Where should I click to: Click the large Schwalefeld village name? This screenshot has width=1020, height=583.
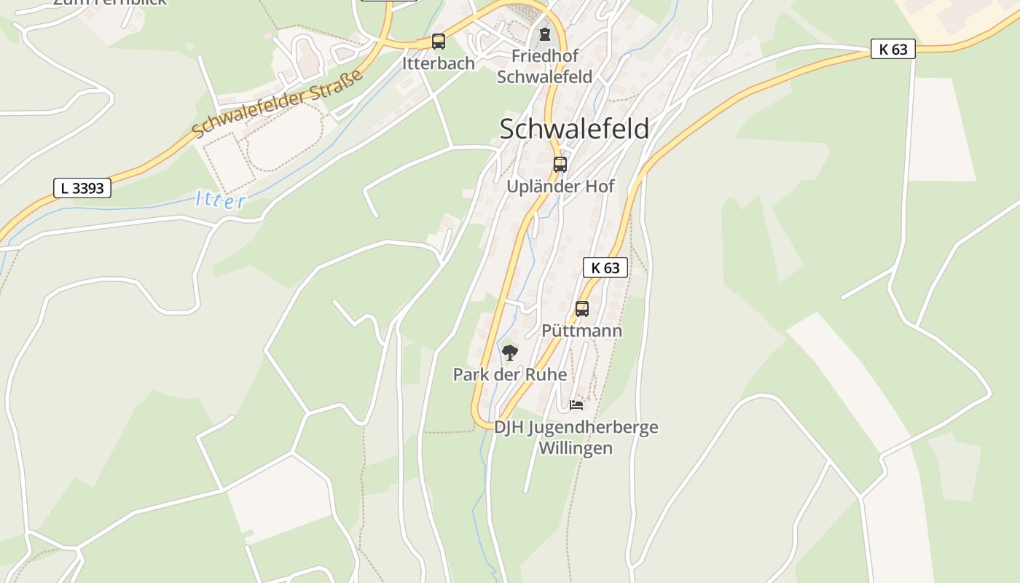[x=573, y=129]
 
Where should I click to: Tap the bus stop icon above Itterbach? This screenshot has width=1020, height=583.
[x=438, y=42]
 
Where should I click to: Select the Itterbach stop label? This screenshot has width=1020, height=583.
[x=438, y=63]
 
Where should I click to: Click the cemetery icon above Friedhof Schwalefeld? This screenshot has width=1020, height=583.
[x=544, y=34]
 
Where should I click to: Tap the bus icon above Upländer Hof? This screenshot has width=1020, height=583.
[x=560, y=165]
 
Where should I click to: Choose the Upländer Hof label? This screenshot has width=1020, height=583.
[x=560, y=187]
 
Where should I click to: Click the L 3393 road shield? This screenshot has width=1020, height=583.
[x=82, y=188]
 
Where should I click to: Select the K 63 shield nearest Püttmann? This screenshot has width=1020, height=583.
[x=605, y=267]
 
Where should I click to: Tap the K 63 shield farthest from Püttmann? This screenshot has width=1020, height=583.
[x=892, y=49]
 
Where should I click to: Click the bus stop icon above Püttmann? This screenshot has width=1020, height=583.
[x=581, y=309]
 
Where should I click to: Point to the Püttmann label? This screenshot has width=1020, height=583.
[x=581, y=331]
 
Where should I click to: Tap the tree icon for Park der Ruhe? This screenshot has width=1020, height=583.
[x=510, y=353]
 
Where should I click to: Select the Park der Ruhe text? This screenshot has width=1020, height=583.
[x=510, y=375]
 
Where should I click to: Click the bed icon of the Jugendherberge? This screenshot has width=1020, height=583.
[x=576, y=405]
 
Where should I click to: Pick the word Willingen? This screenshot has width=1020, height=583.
[x=576, y=447]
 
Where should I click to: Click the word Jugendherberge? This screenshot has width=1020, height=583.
[x=592, y=427]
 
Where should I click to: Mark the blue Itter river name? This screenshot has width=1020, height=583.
[x=221, y=199]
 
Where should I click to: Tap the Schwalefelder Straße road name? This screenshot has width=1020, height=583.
[x=278, y=104]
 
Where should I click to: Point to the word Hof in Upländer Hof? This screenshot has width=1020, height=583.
[x=598, y=187]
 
